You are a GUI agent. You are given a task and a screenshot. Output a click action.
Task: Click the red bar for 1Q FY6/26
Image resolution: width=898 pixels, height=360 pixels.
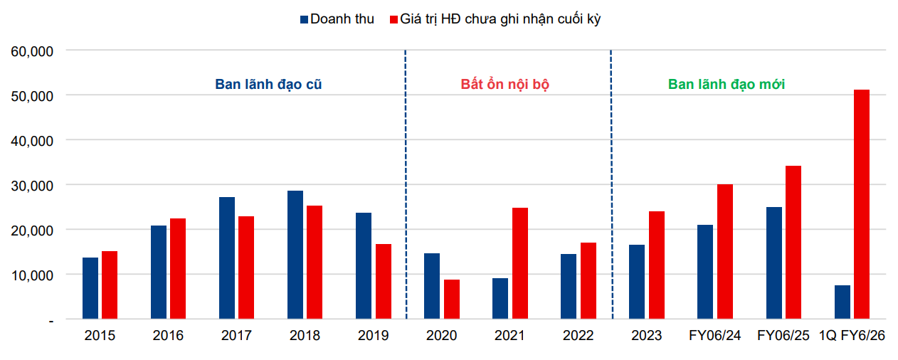(x=861, y=204)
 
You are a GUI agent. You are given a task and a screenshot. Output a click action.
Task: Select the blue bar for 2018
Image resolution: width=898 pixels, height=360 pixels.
(x=295, y=255)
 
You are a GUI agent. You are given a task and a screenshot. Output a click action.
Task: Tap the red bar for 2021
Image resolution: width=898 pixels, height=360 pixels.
(x=520, y=263)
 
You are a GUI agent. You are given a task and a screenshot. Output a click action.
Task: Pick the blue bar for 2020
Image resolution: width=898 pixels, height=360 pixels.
(x=432, y=286)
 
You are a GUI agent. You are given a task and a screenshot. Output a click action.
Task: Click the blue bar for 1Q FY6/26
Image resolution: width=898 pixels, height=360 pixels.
(x=842, y=302)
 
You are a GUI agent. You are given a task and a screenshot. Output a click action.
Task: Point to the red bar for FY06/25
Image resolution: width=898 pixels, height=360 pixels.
(x=793, y=242)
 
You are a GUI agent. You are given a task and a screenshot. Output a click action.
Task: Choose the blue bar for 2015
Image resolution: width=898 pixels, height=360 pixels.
(x=90, y=288)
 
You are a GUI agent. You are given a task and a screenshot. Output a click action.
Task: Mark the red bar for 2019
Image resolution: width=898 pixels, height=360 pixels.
(x=384, y=281)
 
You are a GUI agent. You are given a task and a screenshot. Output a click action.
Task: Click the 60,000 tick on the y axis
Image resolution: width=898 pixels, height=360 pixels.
(x=32, y=51)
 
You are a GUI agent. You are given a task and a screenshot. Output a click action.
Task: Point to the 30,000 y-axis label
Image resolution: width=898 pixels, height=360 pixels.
(x=32, y=186)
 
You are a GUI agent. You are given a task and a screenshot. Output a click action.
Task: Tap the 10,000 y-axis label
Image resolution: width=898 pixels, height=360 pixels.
(x=32, y=275)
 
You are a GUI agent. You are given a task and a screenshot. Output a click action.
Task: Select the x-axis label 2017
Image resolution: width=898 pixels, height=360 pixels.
(x=236, y=336)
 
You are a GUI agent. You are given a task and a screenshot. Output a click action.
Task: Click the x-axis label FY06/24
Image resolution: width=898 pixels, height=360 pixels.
(x=714, y=336)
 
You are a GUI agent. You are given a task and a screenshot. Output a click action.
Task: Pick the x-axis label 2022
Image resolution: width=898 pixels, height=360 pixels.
(x=578, y=336)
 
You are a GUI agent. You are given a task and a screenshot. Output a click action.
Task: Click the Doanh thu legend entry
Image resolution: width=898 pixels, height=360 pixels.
(x=342, y=19)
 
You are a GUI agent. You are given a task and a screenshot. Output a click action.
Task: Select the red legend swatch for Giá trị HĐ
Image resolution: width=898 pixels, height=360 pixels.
(x=393, y=19)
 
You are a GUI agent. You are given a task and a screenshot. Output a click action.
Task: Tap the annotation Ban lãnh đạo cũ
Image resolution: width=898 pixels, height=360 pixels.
(x=269, y=84)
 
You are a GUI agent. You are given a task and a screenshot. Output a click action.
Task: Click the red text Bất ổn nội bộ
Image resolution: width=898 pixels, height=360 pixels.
(x=505, y=84)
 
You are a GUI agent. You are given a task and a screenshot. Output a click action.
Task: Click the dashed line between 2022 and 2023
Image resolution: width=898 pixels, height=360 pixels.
(x=611, y=185)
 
